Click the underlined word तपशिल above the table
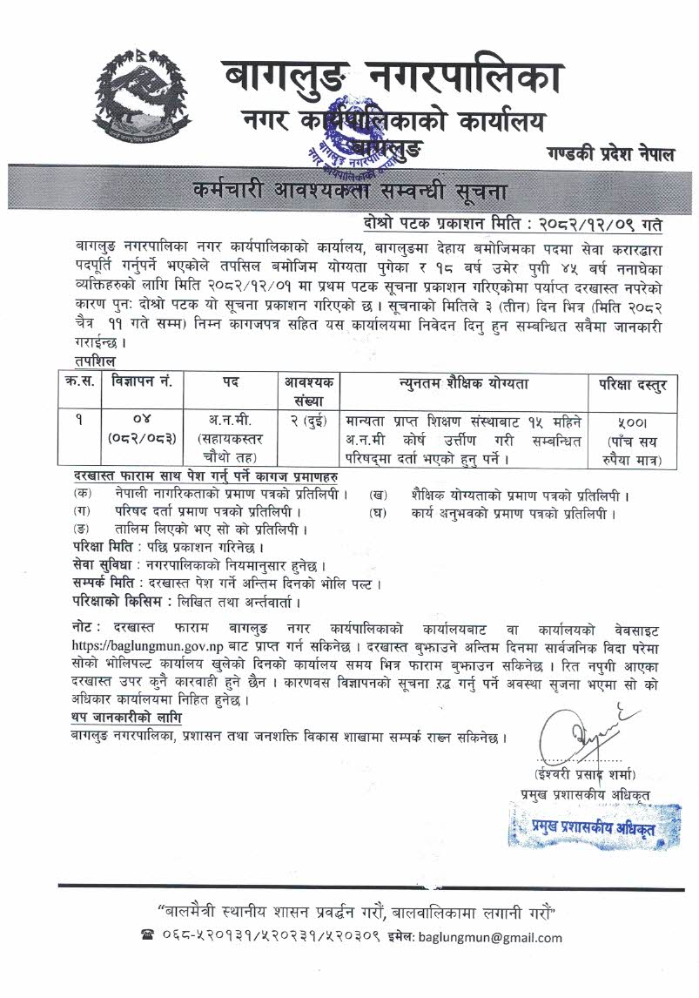(x=96, y=360)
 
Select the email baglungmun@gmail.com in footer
(x=490, y=938)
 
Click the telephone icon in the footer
(x=145, y=938)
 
